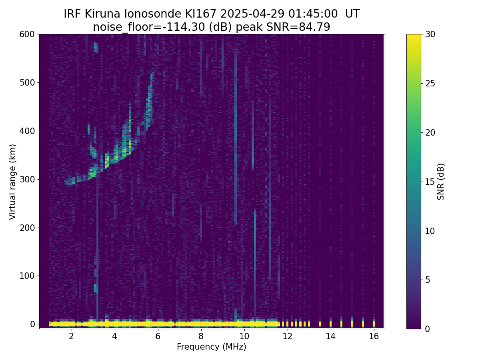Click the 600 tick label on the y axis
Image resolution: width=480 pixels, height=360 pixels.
coord(27,34)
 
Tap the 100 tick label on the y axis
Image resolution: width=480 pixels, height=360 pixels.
coord(27,276)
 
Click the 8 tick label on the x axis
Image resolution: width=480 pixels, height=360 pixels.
coord(201,336)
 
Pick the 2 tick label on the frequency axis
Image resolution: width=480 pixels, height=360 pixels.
coord(71,336)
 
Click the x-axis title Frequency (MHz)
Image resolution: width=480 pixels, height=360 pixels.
coord(212,347)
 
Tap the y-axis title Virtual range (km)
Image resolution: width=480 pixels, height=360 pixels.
coord(13,182)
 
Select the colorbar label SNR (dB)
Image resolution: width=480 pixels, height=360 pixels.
coord(441,182)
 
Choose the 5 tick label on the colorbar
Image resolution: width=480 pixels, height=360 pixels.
coord(427,280)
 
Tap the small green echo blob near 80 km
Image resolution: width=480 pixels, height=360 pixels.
coord(96,288)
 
